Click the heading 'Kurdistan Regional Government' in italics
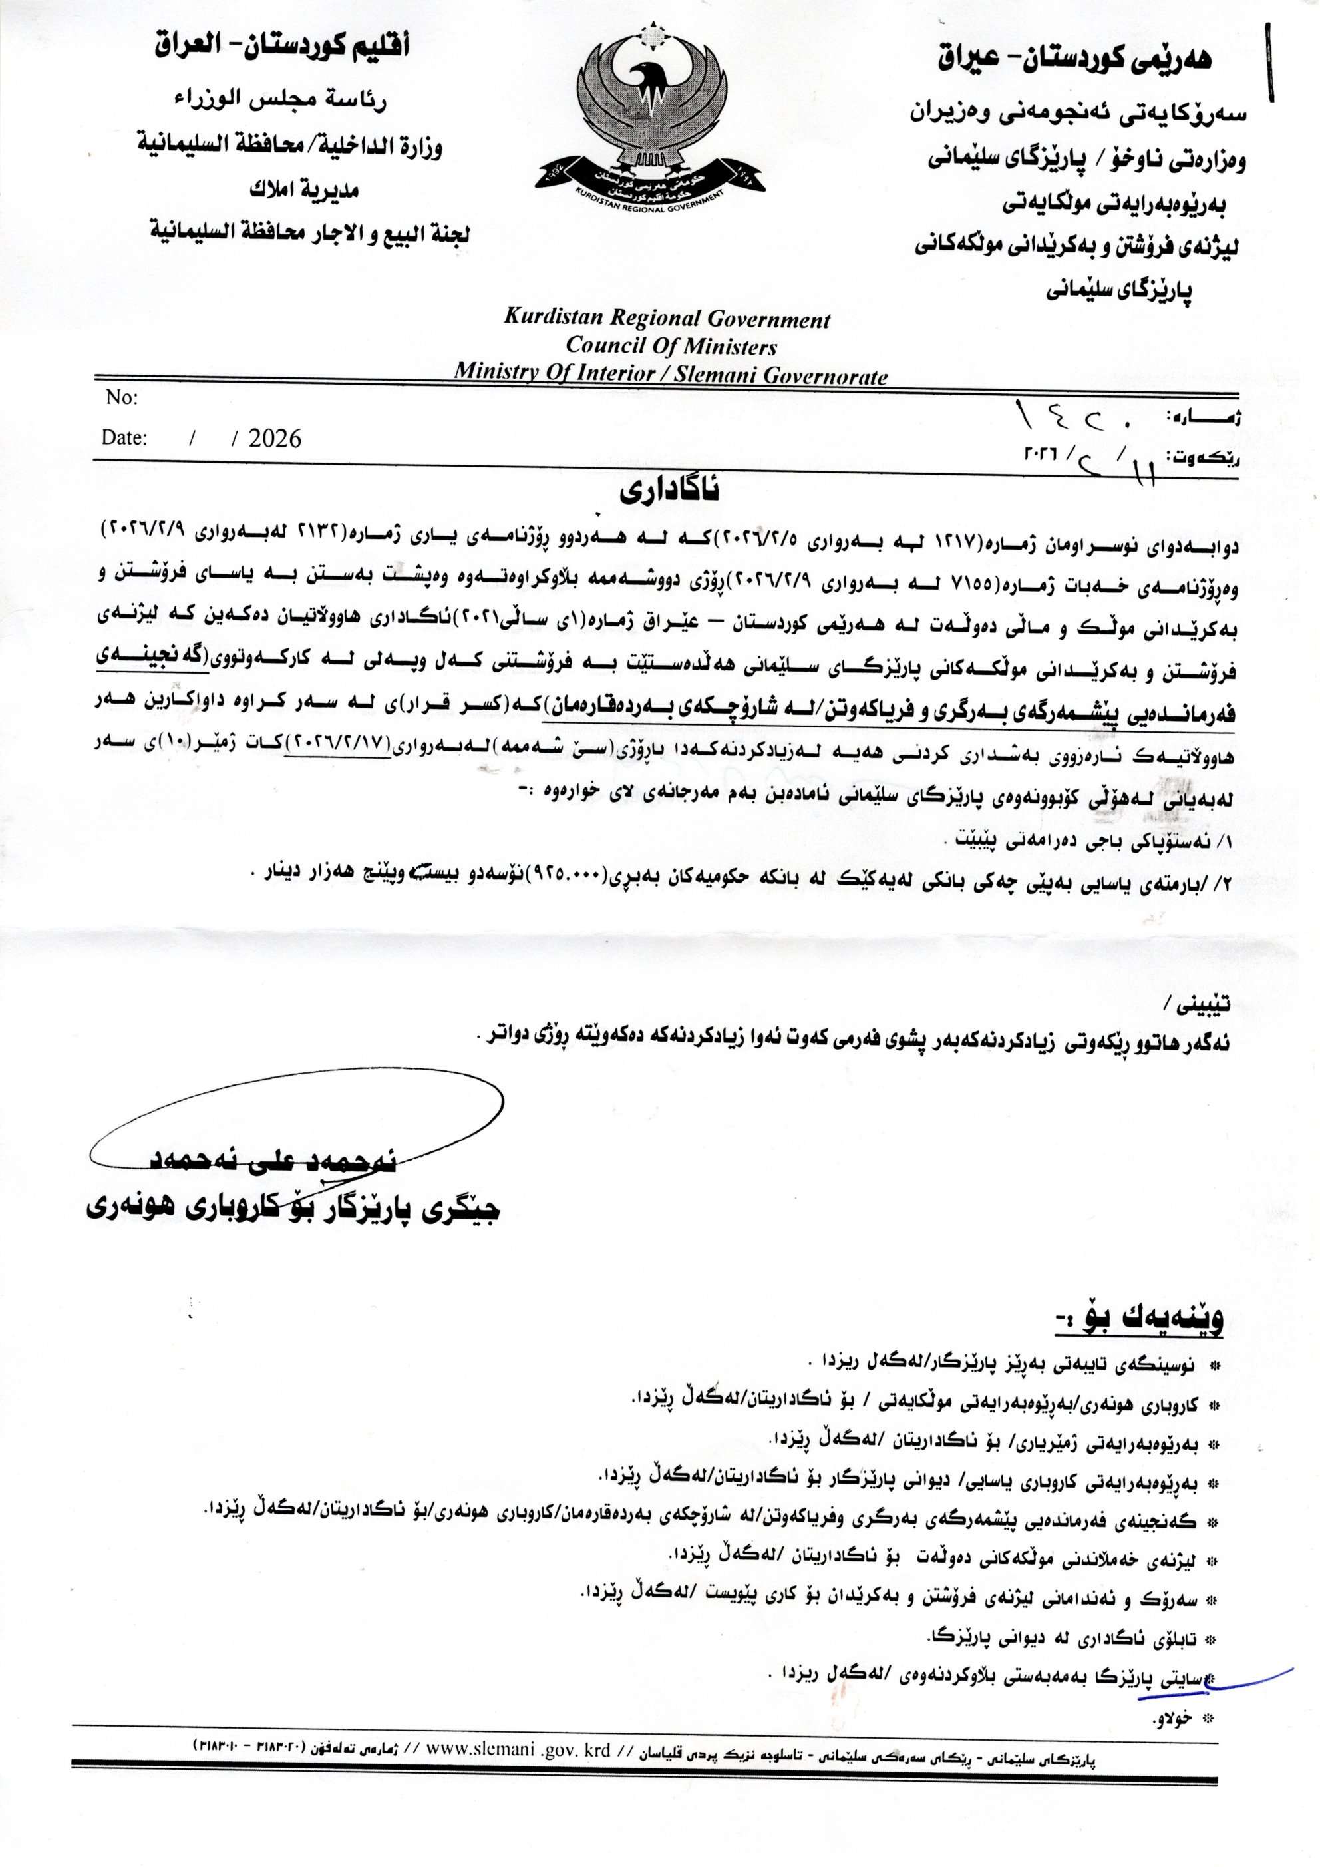(x=667, y=318)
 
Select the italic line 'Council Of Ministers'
(x=671, y=345)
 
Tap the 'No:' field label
(x=122, y=397)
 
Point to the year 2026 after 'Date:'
(x=275, y=439)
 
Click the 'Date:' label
(x=124, y=437)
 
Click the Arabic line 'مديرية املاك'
(x=304, y=190)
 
